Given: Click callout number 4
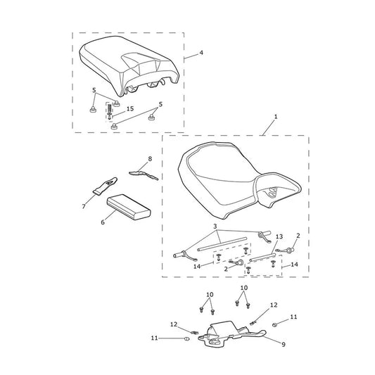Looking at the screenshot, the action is (x=201, y=53).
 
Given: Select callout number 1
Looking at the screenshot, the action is (x=276, y=117).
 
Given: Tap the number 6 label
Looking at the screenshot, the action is (x=103, y=222).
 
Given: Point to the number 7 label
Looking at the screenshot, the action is (x=84, y=206).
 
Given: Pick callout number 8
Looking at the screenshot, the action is (x=150, y=158).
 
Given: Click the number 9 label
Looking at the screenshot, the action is (x=284, y=344).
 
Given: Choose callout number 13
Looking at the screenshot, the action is (x=279, y=236).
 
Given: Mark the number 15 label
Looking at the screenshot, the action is (x=130, y=109).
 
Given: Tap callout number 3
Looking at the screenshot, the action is (x=215, y=226).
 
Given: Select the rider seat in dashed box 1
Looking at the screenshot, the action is (x=240, y=181).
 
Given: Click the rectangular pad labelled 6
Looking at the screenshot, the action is (x=129, y=207).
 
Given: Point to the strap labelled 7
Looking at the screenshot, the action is (x=105, y=186).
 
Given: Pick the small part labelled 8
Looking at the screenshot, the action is (x=144, y=174).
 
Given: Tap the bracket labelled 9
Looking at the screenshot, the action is (x=232, y=334).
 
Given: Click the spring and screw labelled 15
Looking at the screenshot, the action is (x=110, y=111).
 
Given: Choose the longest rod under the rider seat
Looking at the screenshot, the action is (x=222, y=244).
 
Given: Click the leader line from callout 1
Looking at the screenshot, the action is (x=268, y=128).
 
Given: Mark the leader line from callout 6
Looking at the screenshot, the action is (x=111, y=215).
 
